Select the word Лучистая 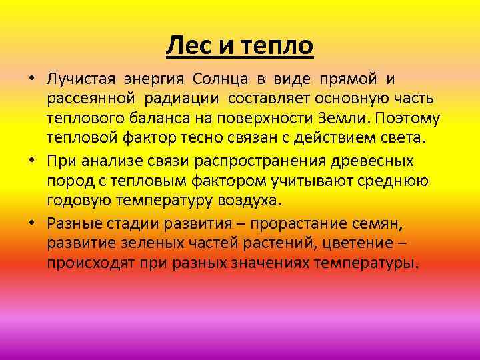point(80,79)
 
